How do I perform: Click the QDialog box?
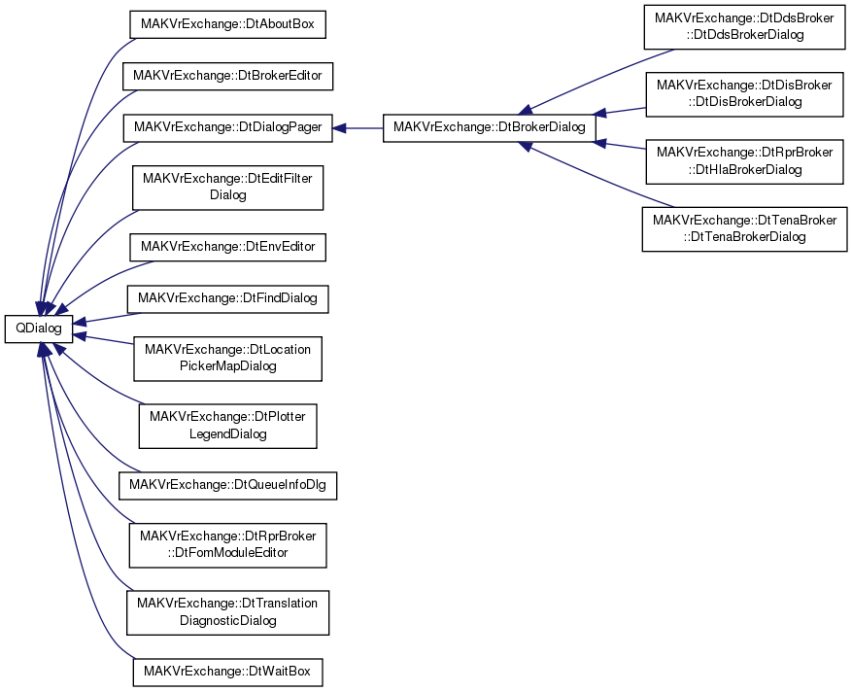click(39, 329)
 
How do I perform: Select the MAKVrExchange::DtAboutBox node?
click(227, 24)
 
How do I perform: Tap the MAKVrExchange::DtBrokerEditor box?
click(227, 76)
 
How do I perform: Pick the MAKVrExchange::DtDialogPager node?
click(227, 128)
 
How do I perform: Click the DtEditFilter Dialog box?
click(227, 188)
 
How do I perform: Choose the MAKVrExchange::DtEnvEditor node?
click(227, 247)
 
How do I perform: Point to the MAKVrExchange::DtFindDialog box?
click(227, 298)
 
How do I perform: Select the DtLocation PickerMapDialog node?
click(227, 359)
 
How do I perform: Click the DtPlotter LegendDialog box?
click(227, 426)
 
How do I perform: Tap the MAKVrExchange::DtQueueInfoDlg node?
click(227, 485)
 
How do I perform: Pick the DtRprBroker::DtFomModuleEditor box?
click(227, 545)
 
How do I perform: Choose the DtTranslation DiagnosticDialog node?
click(227, 612)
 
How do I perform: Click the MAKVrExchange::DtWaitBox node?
click(227, 672)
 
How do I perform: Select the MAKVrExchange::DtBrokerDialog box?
click(489, 128)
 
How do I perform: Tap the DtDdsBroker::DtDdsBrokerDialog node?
click(744, 26)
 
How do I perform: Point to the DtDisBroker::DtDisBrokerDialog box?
click(744, 94)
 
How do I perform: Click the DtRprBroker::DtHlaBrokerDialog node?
click(744, 161)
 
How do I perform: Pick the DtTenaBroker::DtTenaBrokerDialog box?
click(744, 228)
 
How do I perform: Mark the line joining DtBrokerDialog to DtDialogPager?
click(364, 128)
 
